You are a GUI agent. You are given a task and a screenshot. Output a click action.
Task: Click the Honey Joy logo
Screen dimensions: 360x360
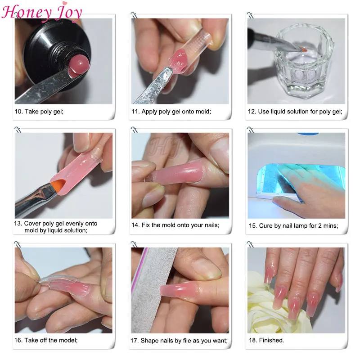pyautogui.click(x=41, y=12)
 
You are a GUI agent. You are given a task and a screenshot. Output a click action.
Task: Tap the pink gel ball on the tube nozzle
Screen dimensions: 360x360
pyautogui.click(x=78, y=66)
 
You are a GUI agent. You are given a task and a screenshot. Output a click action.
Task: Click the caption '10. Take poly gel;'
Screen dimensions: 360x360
pyautogui.click(x=39, y=112)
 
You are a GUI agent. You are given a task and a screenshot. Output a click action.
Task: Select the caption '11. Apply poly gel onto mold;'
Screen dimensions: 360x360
pyautogui.click(x=171, y=112)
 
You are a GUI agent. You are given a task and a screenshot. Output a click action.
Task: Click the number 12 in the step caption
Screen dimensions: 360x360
pyautogui.click(x=252, y=112)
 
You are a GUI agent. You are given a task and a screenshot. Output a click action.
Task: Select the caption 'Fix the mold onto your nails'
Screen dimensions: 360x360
pyautogui.click(x=180, y=225)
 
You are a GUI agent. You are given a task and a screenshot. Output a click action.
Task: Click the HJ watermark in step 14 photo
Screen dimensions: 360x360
pyautogui.click(x=164, y=147)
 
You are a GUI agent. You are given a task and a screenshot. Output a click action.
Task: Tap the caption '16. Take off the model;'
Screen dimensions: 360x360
pyautogui.click(x=46, y=340)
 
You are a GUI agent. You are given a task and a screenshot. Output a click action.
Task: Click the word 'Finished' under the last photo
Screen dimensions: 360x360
pyautogui.click(x=271, y=340)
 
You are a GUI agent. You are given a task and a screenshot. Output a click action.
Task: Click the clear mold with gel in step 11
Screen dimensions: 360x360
pyautogui.click(x=189, y=52)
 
